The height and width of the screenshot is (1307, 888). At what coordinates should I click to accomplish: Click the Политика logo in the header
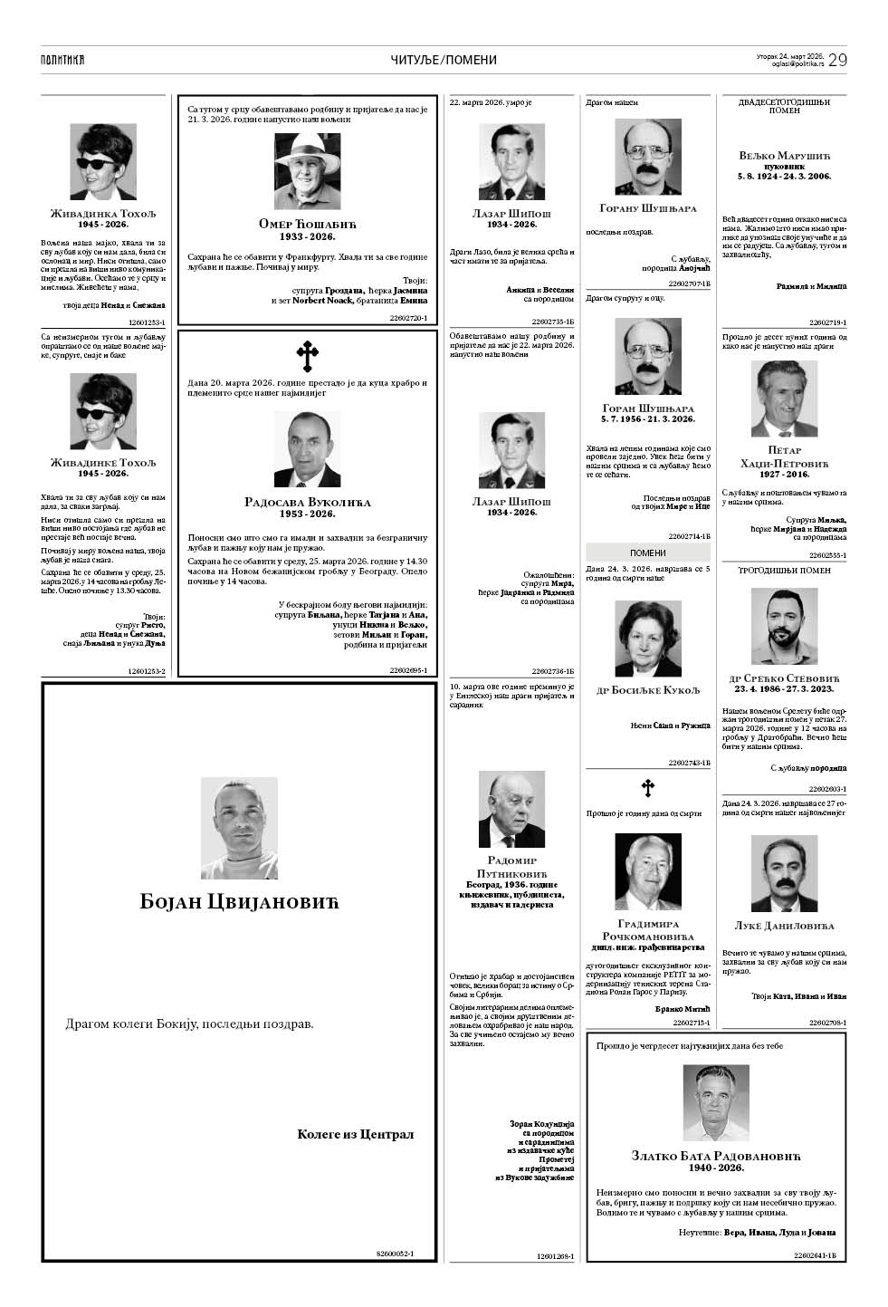62,60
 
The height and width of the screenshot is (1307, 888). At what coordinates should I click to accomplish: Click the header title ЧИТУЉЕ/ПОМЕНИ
444,60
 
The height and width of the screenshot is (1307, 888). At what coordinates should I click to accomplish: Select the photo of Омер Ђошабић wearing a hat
307,171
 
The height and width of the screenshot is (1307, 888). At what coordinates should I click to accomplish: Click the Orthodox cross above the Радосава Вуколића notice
307,356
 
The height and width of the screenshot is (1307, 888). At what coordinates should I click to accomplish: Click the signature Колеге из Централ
355,1134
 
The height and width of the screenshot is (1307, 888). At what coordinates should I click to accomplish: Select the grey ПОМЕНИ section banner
647,553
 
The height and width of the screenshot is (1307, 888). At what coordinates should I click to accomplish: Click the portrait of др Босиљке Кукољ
647,639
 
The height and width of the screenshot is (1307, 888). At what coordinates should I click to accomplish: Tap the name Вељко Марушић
784,155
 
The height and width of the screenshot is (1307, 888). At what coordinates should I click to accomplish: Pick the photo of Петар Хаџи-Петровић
784,399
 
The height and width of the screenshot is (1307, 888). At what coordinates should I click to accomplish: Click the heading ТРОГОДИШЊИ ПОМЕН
784,571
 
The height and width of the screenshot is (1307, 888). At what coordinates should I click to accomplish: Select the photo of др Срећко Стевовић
784,626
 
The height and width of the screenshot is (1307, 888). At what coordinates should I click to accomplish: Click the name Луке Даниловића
784,926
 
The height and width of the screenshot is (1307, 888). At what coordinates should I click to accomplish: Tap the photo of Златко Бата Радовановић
715,1102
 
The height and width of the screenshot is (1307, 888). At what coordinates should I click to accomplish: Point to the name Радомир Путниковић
511,867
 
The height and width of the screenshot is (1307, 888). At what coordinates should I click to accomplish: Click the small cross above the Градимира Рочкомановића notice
647,788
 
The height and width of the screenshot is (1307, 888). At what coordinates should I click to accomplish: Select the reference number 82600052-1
395,1254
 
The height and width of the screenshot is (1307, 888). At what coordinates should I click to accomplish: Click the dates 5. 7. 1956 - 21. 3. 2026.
647,419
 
